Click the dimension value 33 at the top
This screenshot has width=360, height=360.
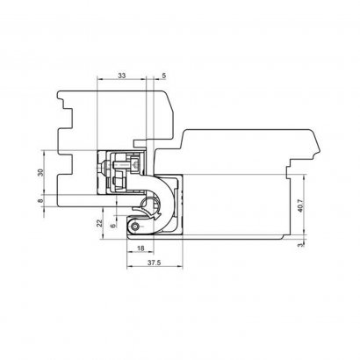122,76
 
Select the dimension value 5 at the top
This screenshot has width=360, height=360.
164,76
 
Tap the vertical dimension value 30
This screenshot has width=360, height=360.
40,172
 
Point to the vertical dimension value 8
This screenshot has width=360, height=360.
40,201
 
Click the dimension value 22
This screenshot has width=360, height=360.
100,223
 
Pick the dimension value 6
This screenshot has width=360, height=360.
113,226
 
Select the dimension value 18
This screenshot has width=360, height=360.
140,248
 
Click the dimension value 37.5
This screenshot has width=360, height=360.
154,263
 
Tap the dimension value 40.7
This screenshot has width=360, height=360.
300,205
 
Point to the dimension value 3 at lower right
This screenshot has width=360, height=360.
300,245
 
